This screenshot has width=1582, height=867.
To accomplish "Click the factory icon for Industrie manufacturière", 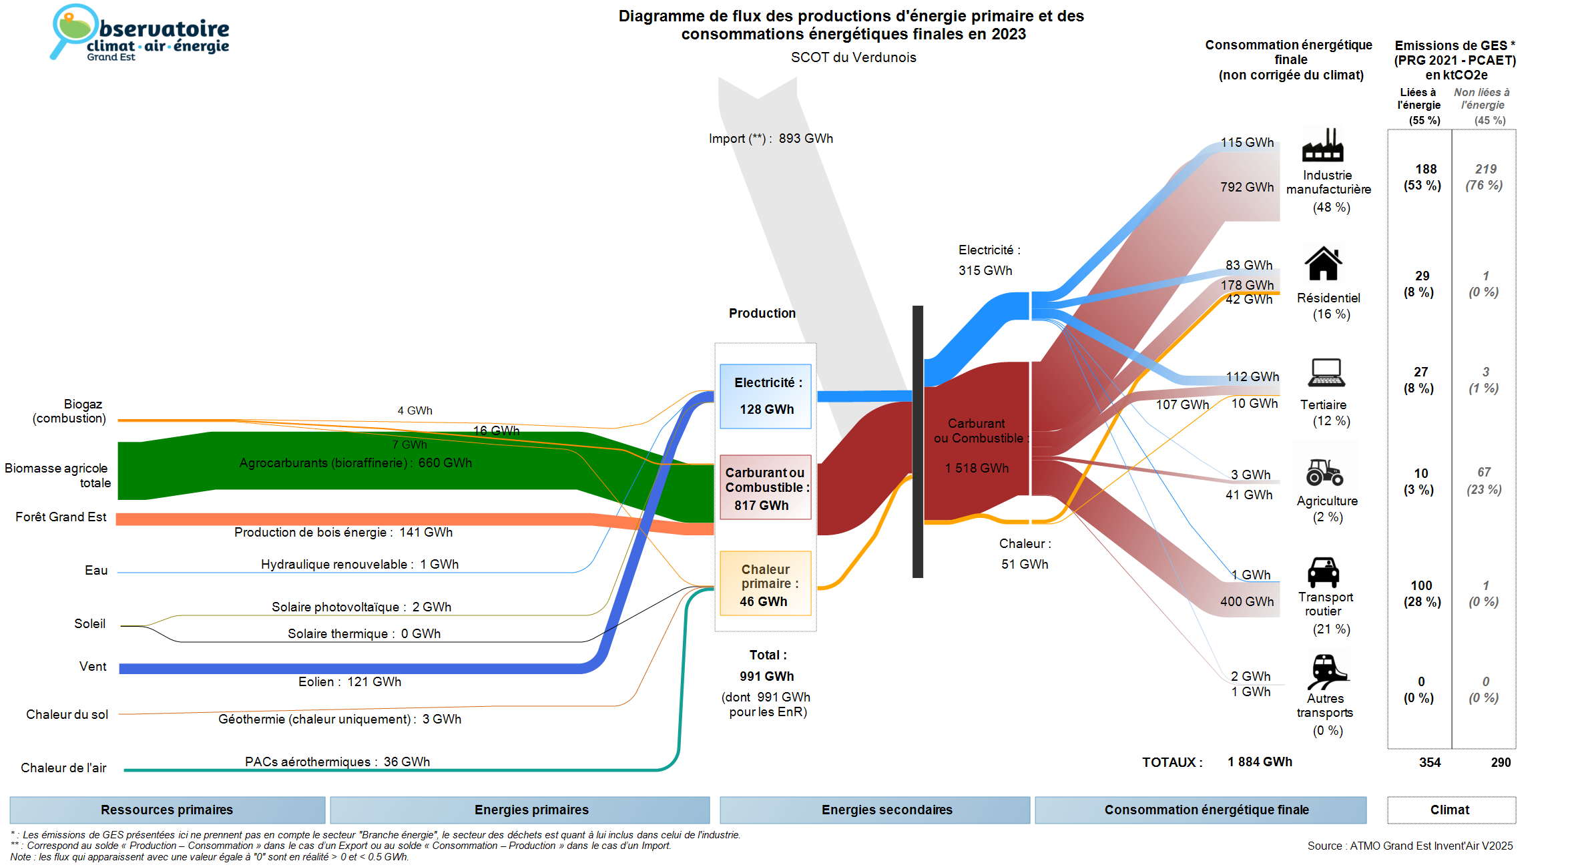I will pos(1322,145).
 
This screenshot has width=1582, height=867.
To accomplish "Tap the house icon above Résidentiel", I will pos(1323,264).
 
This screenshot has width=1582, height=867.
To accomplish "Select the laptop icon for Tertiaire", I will pos(1326,372).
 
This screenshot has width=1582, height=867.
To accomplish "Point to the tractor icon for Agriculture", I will pos(1324,472).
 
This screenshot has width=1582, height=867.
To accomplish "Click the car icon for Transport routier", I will pos(1323,572).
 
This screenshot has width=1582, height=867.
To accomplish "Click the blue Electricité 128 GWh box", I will pos(766,396).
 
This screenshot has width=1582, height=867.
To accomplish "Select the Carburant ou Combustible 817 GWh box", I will pos(766,488).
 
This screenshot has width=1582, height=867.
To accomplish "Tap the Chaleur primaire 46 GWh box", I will pos(766,584).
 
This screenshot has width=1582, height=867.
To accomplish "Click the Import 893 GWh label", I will pos(770,139).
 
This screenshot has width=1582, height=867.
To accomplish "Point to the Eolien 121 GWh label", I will pos(350,681).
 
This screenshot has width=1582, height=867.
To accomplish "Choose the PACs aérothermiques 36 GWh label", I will pos(337,762).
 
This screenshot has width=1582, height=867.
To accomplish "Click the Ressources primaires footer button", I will pos(167,810).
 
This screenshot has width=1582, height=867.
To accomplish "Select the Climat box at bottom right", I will pos(1451,810).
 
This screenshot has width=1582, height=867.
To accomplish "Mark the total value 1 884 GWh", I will pos(1260,762).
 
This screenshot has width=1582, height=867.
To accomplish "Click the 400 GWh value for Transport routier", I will pos(1246,601).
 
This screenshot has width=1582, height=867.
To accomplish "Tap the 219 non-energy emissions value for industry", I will pos(1485,170).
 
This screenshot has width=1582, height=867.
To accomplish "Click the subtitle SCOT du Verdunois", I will pos(853,57).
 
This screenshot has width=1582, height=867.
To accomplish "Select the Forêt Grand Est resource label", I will pos(61,517).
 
